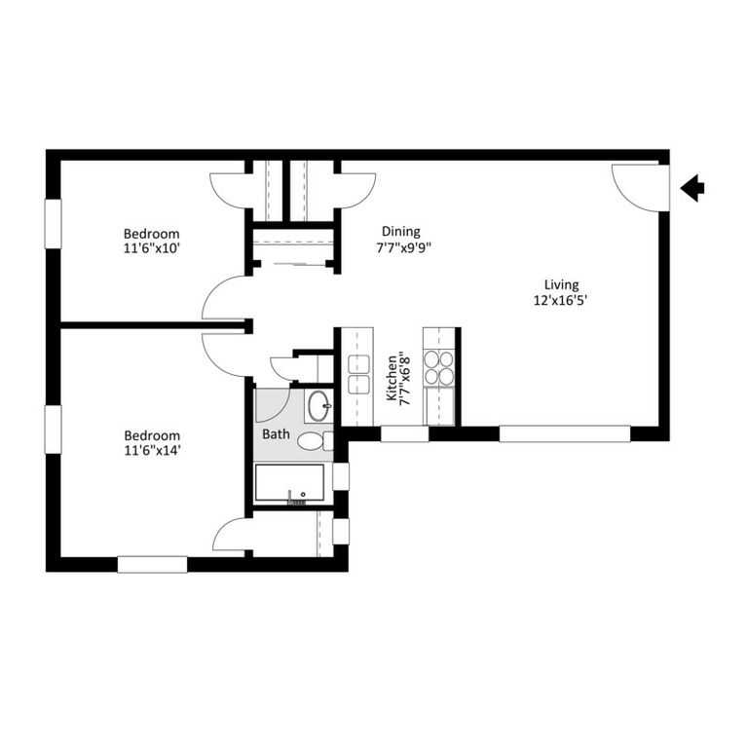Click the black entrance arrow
point(692,188)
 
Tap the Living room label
point(562,284)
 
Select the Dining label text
point(400,231)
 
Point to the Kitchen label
point(392,379)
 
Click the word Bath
point(274,434)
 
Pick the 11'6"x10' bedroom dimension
point(151,248)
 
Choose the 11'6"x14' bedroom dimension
point(151,451)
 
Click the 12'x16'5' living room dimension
point(562,300)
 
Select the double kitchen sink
point(358,373)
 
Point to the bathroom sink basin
point(318,405)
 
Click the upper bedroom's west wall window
point(53,224)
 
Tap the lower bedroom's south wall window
point(152,564)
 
